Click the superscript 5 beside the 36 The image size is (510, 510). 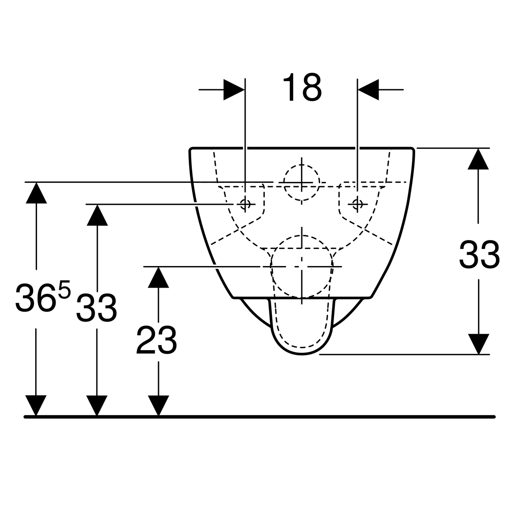64,290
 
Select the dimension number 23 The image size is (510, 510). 156,340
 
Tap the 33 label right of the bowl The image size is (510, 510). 479,255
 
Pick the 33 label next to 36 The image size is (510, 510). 96,308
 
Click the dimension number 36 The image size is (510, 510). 35,298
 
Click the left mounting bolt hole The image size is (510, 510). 245,204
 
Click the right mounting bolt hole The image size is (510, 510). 357,204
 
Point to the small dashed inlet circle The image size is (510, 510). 302,183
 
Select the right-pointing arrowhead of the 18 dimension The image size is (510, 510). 234,90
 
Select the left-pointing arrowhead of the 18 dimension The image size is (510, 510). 368,90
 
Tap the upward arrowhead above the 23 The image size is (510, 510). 158,277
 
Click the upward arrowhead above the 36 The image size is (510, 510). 36,193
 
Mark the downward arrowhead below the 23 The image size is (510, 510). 158,406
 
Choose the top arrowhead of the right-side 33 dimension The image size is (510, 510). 478,159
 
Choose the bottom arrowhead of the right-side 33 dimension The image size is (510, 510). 479,344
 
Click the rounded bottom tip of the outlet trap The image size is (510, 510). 302,354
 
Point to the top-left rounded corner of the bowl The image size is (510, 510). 190,149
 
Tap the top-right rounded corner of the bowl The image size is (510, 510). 413,149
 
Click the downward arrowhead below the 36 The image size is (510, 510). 36,406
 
